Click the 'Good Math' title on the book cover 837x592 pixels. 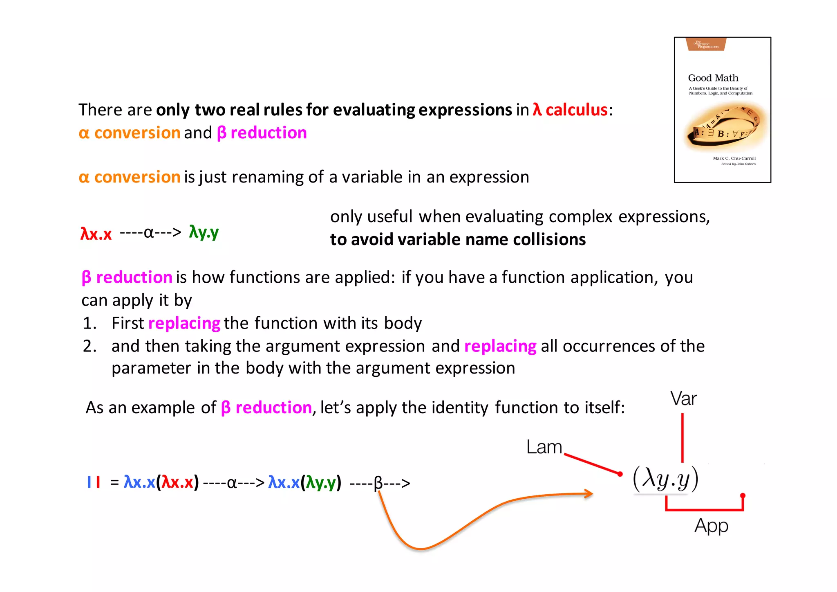[x=713, y=78]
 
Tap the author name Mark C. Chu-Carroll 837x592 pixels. [x=734, y=158]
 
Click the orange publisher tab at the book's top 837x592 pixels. [x=707, y=44]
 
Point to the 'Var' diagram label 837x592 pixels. [x=683, y=398]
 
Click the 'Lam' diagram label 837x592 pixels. [x=544, y=447]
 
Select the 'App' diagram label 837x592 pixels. [x=711, y=526]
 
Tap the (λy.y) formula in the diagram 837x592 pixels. [x=665, y=479]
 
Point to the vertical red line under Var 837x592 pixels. [x=682, y=438]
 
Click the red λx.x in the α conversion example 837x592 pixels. [x=96, y=234]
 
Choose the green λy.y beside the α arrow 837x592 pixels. [x=204, y=232]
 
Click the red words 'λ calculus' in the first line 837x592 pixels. [x=570, y=110]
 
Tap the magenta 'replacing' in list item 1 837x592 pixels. [x=184, y=323]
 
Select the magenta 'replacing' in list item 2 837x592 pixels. [x=500, y=346]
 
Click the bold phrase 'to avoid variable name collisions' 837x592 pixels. [x=458, y=239]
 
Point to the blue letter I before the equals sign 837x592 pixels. [x=89, y=482]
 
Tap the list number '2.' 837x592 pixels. [x=90, y=346]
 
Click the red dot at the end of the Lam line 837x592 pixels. [x=620, y=474]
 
